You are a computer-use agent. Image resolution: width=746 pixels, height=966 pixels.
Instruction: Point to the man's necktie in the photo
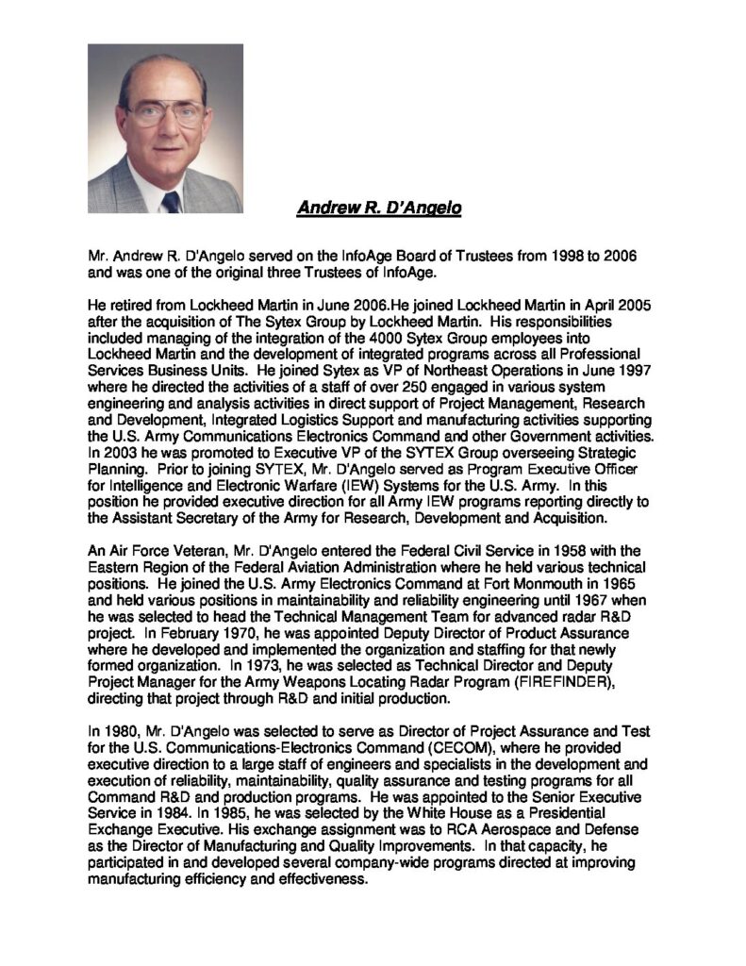pos(171,201)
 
